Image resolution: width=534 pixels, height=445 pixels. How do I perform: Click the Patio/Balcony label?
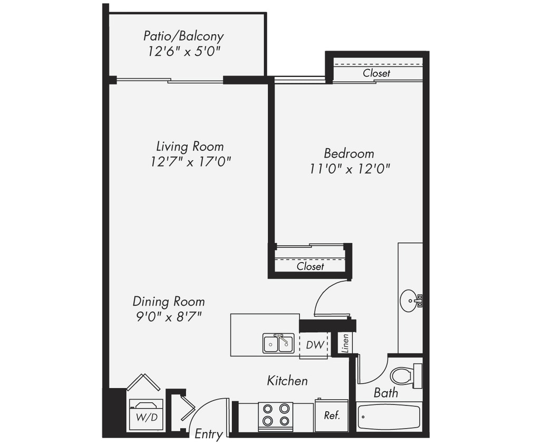(183, 36)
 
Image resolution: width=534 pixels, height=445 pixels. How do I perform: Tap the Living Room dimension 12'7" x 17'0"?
(191, 161)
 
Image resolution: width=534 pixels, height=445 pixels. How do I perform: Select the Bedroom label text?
(349, 153)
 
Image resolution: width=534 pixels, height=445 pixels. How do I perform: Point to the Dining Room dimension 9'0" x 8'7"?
(169, 317)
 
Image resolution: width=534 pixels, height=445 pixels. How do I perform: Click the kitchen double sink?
(278, 343)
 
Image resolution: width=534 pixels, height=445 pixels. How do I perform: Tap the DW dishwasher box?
(314, 345)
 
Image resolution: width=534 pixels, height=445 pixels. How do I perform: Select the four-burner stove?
(276, 414)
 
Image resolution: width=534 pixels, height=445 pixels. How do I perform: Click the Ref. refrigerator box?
(332, 415)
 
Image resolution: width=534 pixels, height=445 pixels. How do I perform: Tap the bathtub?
(389, 417)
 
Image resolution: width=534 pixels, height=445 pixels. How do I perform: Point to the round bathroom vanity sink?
(409, 301)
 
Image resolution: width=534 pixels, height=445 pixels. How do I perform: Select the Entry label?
(208, 434)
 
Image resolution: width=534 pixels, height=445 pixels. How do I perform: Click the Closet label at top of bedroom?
(376, 73)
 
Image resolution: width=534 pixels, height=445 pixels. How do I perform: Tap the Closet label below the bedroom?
(310, 266)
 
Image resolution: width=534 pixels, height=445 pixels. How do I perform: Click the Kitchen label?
(287, 380)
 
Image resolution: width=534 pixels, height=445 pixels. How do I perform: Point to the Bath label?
(386, 393)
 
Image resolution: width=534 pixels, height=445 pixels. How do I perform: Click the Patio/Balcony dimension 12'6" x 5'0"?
(183, 52)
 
